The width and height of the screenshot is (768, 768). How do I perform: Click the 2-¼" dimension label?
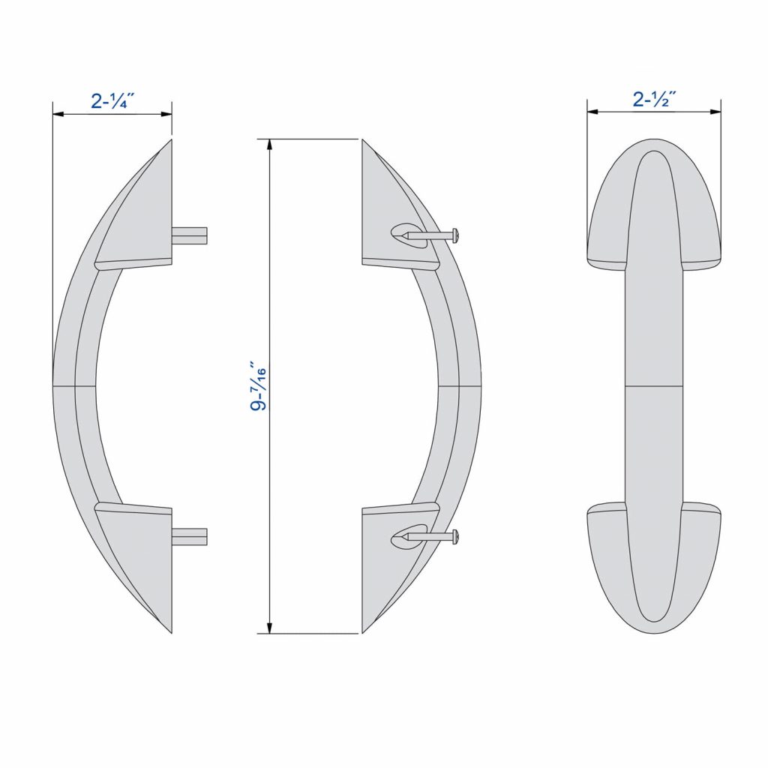click(x=112, y=101)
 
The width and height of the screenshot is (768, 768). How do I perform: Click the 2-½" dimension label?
click(x=655, y=99)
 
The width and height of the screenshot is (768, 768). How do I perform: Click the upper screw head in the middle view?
click(x=454, y=235)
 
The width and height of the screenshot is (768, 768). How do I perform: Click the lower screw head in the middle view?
click(x=454, y=535)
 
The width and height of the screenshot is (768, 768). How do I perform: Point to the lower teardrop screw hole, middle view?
click(x=403, y=536)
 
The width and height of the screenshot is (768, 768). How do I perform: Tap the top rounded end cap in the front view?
click(x=653, y=202)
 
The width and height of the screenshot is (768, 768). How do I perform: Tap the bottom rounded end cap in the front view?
click(x=653, y=570)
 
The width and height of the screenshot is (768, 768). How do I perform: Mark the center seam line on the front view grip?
click(x=653, y=388)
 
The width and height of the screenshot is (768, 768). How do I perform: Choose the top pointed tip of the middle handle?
click(x=364, y=142)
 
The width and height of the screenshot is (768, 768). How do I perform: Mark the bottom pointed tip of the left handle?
click(x=169, y=630)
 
